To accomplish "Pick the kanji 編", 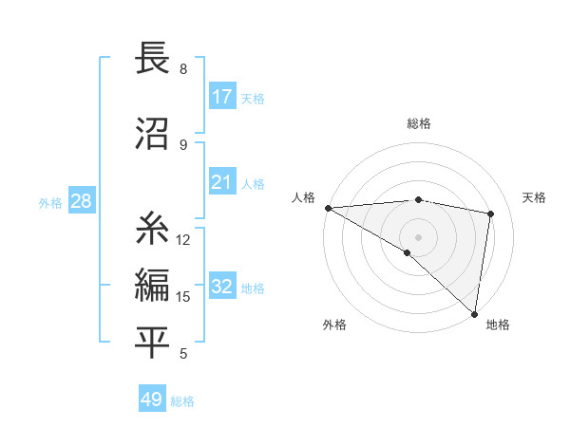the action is [153, 285].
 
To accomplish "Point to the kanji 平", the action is [153, 342].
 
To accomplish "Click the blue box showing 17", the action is [222, 97].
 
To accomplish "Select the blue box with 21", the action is [222, 182].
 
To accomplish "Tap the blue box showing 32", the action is [222, 287].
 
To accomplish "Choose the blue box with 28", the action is [81, 201].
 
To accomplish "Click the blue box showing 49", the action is [152, 400].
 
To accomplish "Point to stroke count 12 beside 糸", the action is [183, 240].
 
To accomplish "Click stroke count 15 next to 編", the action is [183, 297].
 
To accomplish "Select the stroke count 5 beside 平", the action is [183, 354].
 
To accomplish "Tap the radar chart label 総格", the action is [419, 123].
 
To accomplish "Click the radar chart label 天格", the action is [535, 197].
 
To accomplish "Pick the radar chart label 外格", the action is [334, 325].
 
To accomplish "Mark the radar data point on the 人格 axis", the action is [328, 208].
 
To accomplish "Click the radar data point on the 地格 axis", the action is [474, 313].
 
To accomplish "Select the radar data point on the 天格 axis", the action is [491, 214].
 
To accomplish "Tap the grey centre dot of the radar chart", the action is [419, 235].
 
